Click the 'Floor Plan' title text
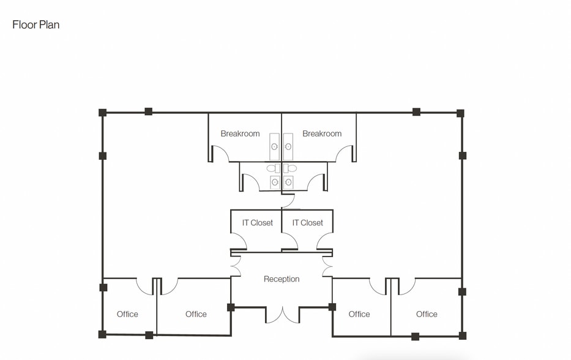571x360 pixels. click(x=35, y=25)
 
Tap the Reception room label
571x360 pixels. click(x=282, y=279)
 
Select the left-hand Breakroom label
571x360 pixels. click(x=240, y=133)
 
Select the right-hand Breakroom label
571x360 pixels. click(x=322, y=133)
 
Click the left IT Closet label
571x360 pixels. click(x=257, y=223)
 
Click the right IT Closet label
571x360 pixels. click(x=307, y=223)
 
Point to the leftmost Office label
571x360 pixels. click(x=127, y=314)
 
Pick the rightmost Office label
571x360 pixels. click(x=427, y=314)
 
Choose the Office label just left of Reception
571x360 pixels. click(x=196, y=314)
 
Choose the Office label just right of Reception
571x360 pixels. click(x=359, y=314)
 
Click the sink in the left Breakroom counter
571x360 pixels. click(x=275, y=147)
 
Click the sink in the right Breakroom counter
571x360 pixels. click(x=288, y=147)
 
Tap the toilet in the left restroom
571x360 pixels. click(x=271, y=168)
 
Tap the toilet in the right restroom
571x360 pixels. click(x=291, y=168)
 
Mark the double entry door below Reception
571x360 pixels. click(x=282, y=315)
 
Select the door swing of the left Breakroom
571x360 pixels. click(x=219, y=154)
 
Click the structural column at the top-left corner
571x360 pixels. click(x=103, y=113)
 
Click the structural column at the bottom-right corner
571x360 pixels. click(x=462, y=336)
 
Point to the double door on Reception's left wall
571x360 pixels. click(x=234, y=264)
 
